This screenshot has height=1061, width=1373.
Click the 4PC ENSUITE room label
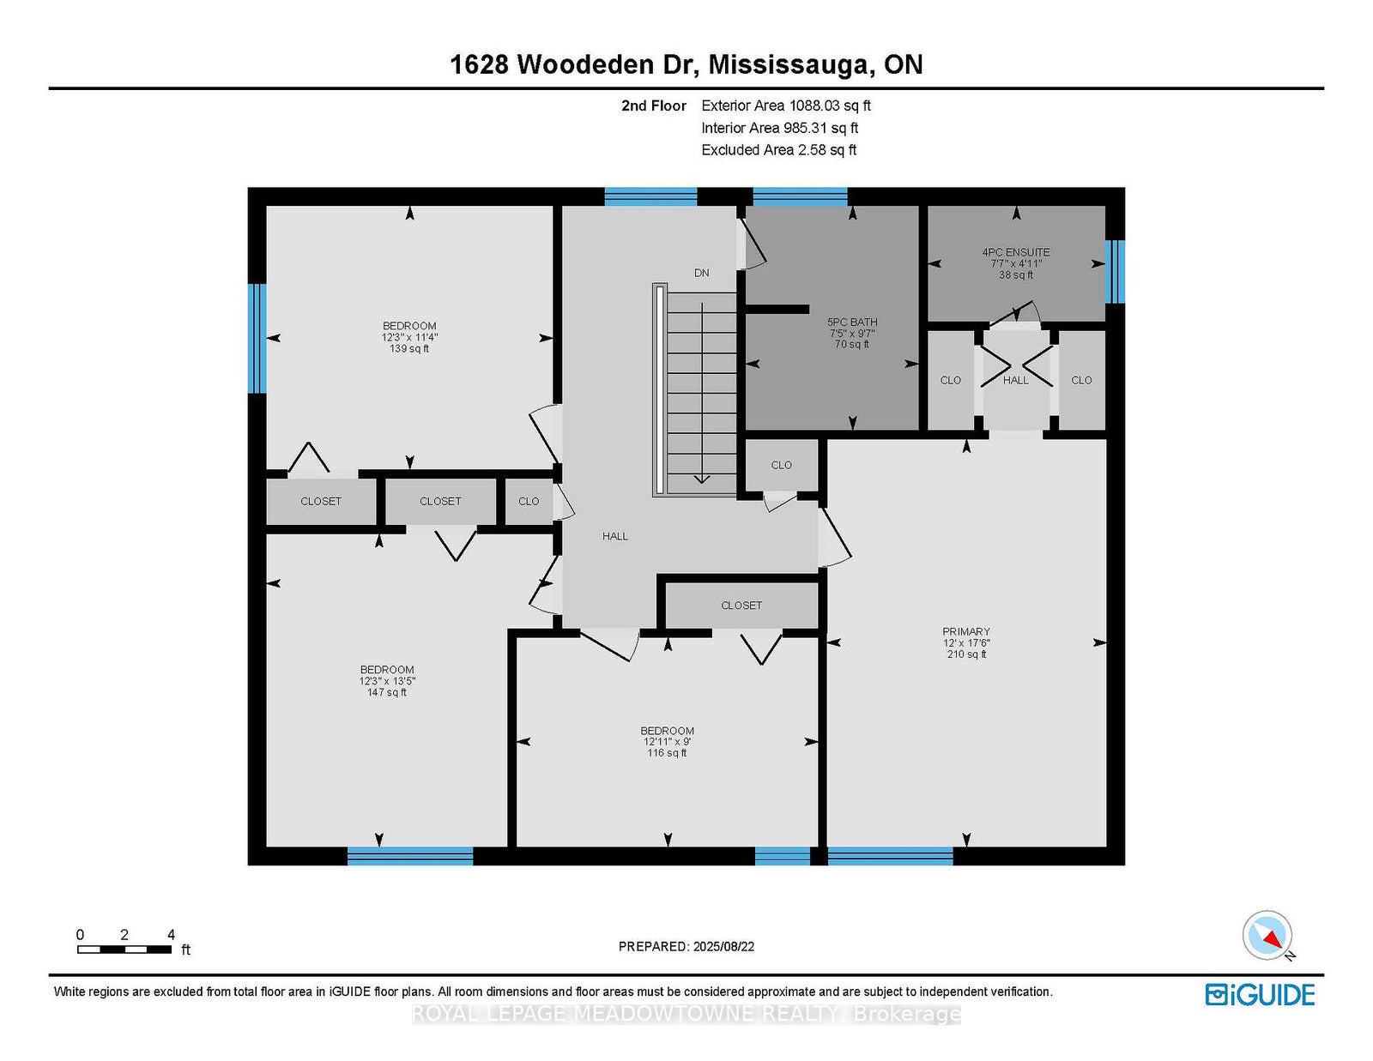1015,252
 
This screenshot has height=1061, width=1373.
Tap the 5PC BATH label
852,323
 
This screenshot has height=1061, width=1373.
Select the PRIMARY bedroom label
966,631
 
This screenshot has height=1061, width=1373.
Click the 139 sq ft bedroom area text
409,348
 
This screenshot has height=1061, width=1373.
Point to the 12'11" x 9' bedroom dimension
668,742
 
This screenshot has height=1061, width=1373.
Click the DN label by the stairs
701,273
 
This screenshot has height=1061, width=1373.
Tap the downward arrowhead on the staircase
702,479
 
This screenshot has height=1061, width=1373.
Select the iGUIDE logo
1259,995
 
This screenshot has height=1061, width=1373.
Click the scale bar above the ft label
124,949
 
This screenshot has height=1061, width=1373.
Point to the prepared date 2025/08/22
723,947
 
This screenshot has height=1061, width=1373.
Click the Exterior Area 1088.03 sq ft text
786,105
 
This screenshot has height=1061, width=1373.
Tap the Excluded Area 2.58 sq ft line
779,150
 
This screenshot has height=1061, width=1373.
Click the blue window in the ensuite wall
1115,272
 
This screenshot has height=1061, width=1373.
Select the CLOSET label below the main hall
741,606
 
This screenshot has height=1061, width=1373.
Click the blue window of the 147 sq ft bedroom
410,856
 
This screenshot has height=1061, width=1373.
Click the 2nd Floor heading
653,105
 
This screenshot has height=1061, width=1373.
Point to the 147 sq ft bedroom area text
387,692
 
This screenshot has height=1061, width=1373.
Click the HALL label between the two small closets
1015,380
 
